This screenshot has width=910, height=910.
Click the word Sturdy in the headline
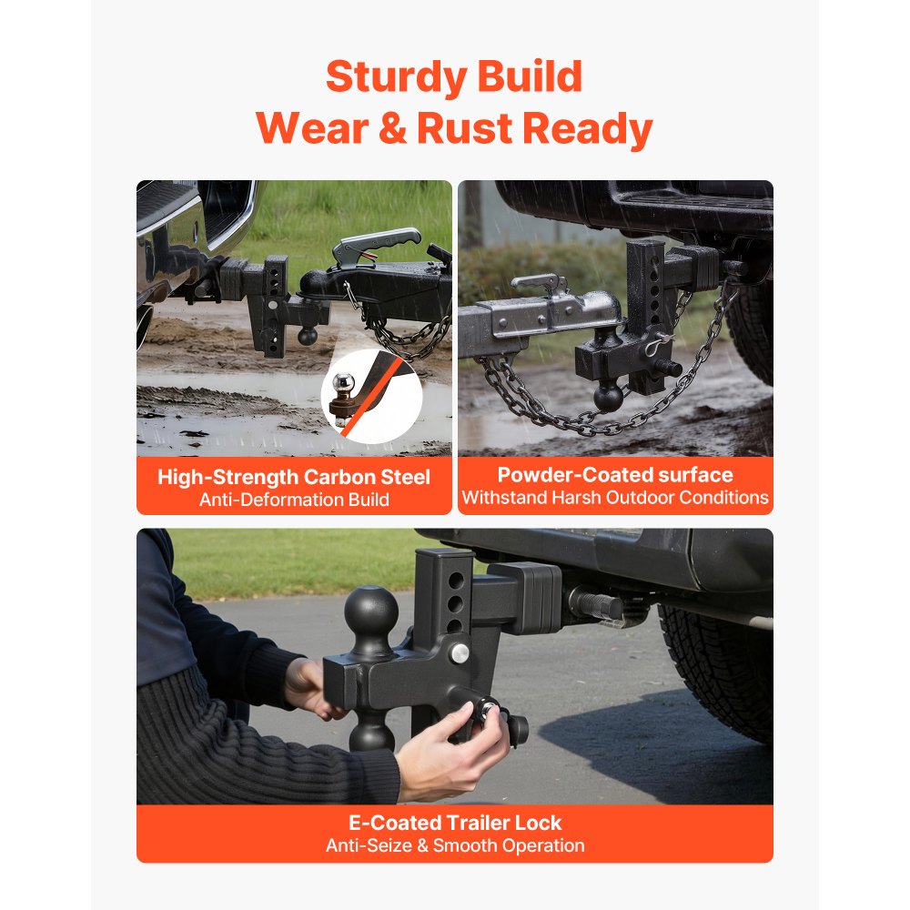tap(397, 77)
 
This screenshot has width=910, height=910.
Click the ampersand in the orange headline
tap(392, 127)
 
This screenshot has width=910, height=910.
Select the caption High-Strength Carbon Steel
tap(294, 477)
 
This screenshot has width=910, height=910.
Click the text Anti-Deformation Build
tap(294, 500)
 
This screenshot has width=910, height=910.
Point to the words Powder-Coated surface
tap(615, 475)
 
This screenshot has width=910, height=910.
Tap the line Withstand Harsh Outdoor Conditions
tap(615, 498)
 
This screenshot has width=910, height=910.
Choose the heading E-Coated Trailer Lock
tap(455, 823)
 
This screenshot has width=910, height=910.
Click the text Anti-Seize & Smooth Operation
tap(455, 845)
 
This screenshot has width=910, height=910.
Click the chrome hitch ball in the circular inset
tap(344, 384)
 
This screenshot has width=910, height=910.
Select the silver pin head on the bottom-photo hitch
tap(460, 653)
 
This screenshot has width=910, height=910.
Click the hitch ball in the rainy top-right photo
tap(608, 397)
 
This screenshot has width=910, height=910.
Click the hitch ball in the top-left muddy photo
tap(308, 336)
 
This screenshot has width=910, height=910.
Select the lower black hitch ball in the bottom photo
tap(371, 733)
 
